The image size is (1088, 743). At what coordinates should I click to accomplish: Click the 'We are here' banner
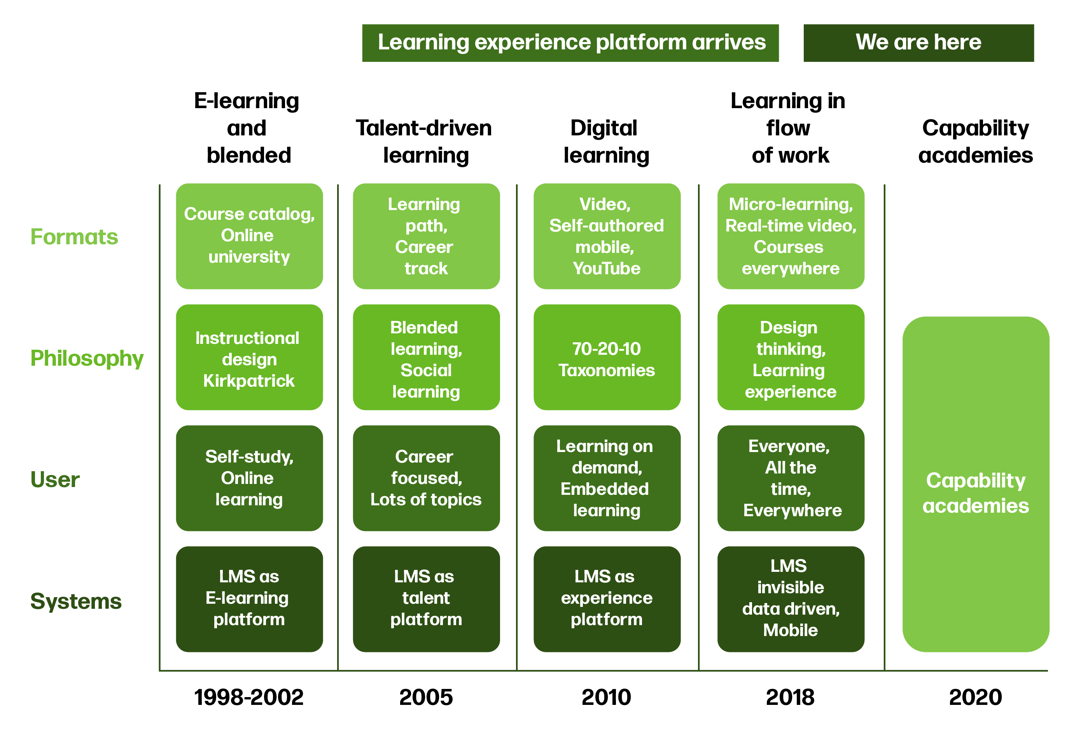point(918,43)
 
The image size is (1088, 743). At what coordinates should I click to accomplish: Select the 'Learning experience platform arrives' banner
point(570,43)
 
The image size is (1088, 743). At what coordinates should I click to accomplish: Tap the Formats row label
point(74,237)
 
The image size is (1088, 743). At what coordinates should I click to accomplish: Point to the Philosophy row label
point(87,358)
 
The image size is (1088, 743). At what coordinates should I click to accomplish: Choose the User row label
point(55,479)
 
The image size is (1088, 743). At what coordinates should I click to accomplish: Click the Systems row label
point(75,601)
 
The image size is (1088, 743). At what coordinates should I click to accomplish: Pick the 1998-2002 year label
point(248,697)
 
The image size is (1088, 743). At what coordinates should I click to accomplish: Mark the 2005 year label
point(425,697)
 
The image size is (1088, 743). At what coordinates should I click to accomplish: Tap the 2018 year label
point(790,697)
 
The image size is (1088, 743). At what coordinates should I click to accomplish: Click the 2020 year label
point(975,697)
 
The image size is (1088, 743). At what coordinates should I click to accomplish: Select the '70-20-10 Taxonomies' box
point(606,357)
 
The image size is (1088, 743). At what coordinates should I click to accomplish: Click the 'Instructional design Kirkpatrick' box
point(249,357)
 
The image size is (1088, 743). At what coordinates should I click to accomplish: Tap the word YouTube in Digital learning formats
point(606,268)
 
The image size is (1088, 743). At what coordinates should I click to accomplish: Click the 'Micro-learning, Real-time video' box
point(790,236)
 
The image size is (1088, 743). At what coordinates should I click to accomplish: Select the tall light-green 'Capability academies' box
point(975,484)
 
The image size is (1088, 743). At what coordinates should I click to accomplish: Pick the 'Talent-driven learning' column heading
point(424,142)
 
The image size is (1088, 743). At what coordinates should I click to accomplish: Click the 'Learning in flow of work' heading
point(789,128)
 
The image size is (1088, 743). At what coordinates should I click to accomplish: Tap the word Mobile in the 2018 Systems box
point(790,630)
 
